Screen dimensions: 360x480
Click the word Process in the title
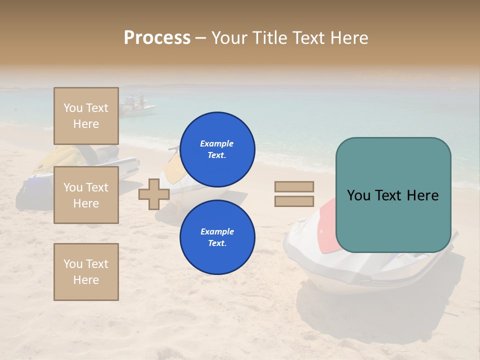click(x=157, y=38)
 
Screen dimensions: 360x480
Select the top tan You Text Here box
click(x=86, y=116)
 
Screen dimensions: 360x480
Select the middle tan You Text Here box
click(x=86, y=195)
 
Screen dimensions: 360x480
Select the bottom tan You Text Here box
click(x=86, y=272)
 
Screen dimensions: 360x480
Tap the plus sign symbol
click(x=153, y=194)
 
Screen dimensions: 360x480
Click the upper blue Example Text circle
click(x=217, y=149)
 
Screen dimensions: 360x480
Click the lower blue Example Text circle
click(x=217, y=237)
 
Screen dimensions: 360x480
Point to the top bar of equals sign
click(x=294, y=187)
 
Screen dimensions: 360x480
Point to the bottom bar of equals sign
click(x=294, y=201)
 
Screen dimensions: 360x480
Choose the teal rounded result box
click(x=393, y=195)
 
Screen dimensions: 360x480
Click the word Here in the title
click(x=348, y=38)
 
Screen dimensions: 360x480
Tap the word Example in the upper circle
click(x=217, y=143)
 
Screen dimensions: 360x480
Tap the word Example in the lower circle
click(x=217, y=231)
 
